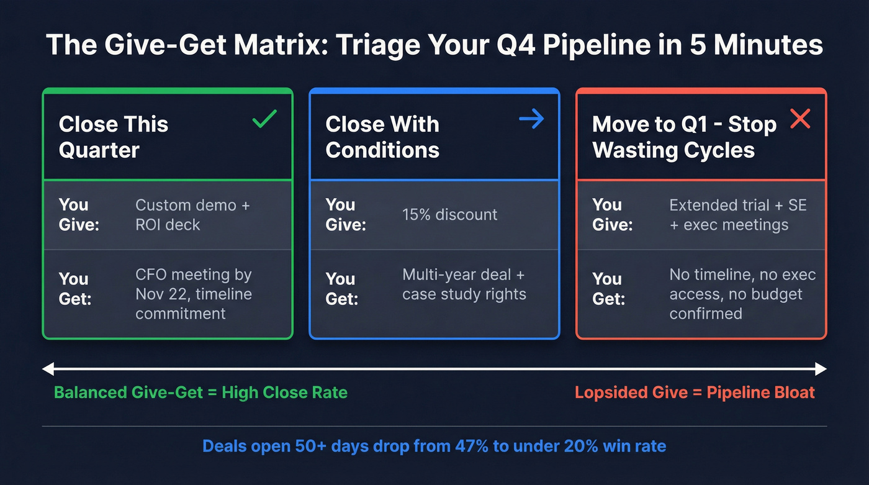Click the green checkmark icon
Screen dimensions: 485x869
tap(264, 118)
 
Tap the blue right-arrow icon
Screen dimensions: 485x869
tap(531, 118)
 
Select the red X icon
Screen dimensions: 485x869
tap(800, 118)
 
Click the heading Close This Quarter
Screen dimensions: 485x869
tap(114, 137)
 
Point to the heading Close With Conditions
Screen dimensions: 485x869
tap(382, 137)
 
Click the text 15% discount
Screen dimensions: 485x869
tap(449, 215)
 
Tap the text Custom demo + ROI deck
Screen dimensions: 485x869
tap(192, 215)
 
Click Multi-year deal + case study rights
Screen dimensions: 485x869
tap(464, 284)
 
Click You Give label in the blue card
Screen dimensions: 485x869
tap(345, 215)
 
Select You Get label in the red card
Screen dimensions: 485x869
tap(609, 289)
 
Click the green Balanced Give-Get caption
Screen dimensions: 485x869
tap(200, 392)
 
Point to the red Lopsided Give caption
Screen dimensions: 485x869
tap(695, 392)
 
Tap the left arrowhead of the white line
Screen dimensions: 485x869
tap(47, 369)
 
